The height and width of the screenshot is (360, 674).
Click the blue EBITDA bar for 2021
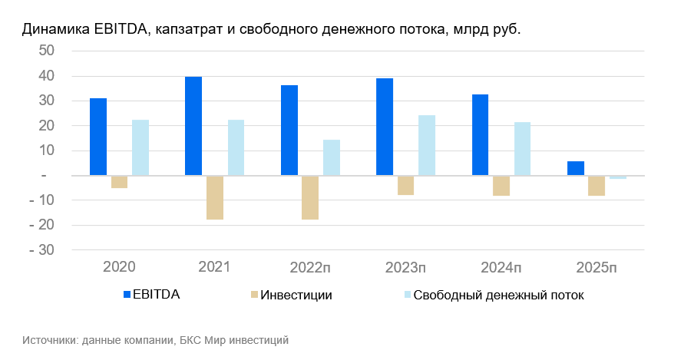(x=193, y=126)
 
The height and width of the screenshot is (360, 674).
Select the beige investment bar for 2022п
(x=310, y=198)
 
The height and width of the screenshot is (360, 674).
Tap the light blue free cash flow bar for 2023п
(x=427, y=145)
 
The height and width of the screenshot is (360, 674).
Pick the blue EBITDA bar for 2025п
(x=576, y=168)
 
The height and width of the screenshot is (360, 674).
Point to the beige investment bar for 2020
(x=119, y=182)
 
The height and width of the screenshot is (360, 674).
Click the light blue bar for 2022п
(x=332, y=157)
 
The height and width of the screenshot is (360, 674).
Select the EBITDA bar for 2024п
(x=480, y=135)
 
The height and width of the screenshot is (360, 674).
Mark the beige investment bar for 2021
(x=215, y=198)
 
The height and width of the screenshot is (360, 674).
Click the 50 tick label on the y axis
(x=46, y=51)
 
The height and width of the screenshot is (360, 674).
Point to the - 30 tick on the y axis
(x=43, y=250)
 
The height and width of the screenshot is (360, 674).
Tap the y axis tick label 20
(x=46, y=126)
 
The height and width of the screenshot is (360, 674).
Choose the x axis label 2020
(x=119, y=268)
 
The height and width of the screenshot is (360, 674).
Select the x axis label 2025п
(x=596, y=268)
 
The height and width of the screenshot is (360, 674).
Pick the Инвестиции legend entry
(x=296, y=295)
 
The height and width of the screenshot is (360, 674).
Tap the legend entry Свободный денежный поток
(x=498, y=295)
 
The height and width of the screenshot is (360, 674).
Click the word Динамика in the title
(x=55, y=30)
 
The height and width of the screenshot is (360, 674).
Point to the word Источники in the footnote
(x=50, y=339)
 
